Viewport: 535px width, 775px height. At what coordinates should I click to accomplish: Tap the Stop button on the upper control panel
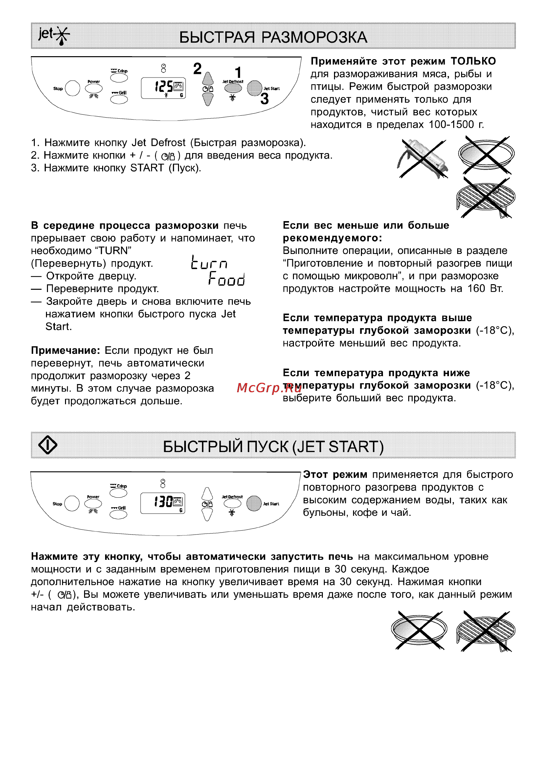coord(72,88)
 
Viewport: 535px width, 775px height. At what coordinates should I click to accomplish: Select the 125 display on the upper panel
coord(164,87)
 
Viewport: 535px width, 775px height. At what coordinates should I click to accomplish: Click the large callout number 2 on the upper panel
coord(197,69)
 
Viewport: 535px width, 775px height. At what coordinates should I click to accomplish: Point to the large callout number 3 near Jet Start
coord(264,99)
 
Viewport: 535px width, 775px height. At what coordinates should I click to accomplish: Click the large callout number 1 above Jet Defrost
coord(238,72)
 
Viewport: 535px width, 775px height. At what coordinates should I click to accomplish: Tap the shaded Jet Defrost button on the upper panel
coord(233,88)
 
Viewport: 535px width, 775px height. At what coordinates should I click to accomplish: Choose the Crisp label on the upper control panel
coord(123,71)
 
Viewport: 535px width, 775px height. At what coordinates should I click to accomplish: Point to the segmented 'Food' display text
coord(227,279)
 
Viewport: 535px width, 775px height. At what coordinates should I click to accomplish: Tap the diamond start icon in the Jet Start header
coord(48,445)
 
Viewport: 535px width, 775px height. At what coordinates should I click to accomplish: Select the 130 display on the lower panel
coord(163,502)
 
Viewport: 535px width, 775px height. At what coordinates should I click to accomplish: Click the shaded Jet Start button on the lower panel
coord(254,503)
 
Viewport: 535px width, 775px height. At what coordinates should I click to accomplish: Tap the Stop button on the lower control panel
coord(72,503)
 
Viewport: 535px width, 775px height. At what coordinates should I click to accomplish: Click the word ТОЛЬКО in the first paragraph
coord(473,61)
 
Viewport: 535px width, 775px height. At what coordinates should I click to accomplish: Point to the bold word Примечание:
coord(65,351)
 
